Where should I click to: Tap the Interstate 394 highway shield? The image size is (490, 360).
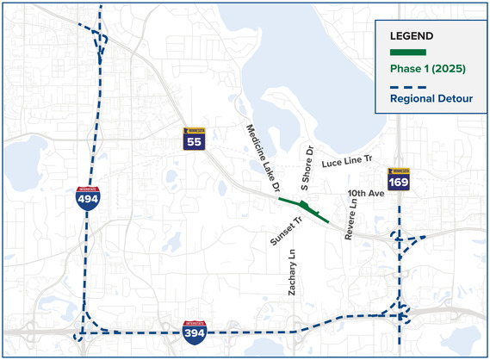click(195, 332)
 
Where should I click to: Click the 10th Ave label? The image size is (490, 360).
click(365, 194)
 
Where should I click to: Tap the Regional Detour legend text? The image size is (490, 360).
click(431, 99)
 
